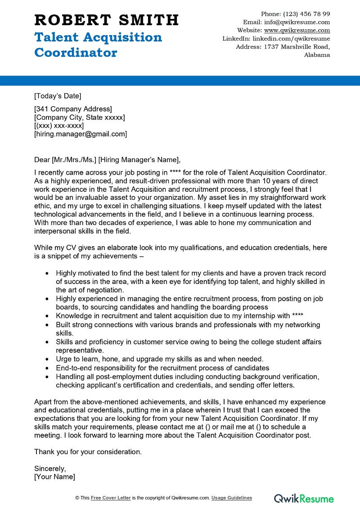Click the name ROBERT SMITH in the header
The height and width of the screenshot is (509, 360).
tap(107, 20)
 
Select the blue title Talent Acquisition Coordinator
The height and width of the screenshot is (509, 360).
tap(98, 45)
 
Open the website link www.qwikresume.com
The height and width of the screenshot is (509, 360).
tap(297, 30)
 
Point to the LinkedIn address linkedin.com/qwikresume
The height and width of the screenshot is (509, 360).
tap(291, 39)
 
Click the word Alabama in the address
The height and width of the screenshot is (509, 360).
tap(317, 55)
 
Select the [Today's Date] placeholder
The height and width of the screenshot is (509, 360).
tap(58, 95)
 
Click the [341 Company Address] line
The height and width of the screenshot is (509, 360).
tap(73, 109)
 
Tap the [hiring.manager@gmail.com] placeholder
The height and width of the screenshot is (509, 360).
tap(81, 134)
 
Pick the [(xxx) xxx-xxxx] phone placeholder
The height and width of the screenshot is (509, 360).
tap(59, 126)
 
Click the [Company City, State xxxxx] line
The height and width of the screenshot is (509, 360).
tap(80, 117)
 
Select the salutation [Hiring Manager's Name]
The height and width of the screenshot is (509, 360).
tap(139, 159)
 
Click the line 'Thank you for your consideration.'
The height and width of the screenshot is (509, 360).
tap(88, 451)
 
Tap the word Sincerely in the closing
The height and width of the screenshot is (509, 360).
tap(50, 468)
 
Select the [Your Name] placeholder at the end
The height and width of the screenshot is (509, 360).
tap(54, 477)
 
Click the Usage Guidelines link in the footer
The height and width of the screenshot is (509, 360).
tap(232, 498)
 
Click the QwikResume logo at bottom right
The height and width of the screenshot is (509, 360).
tap(304, 498)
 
